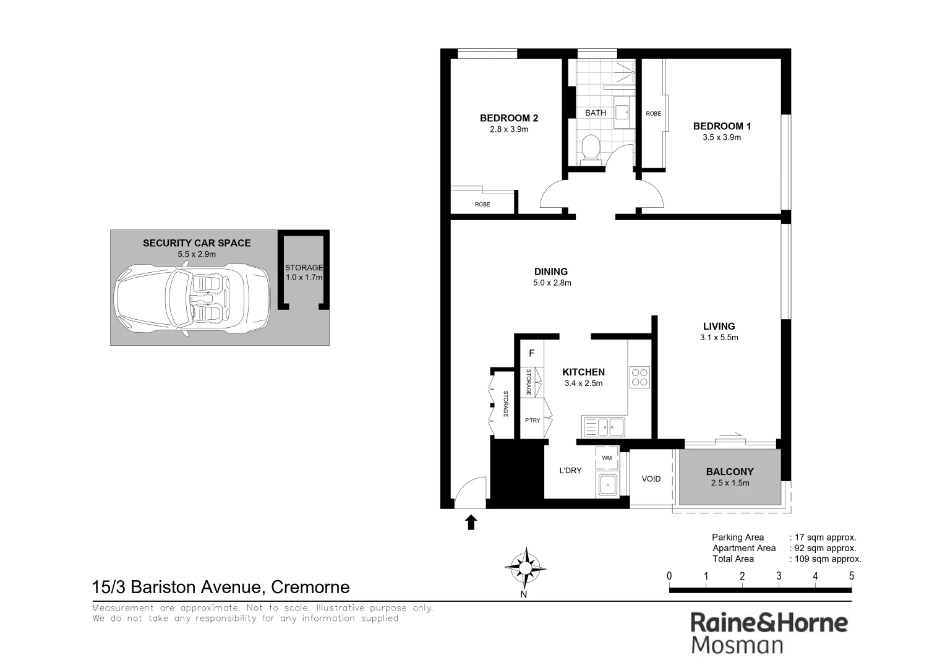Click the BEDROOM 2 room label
(509, 118)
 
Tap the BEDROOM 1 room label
(722, 126)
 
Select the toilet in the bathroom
(591, 149)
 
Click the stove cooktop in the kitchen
(639, 377)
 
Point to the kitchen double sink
(604, 426)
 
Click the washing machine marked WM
(607, 458)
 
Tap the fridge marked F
(531, 354)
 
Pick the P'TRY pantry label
(532, 421)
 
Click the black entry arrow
(471, 523)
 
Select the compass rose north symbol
(524, 567)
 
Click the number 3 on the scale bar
(779, 576)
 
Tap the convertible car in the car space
(192, 298)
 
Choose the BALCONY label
(730, 472)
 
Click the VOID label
(651, 479)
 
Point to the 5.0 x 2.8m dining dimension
(552, 283)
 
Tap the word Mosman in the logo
(737, 644)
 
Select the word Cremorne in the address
(310, 587)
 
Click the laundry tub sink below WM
(607, 484)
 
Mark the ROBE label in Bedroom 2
(482, 204)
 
